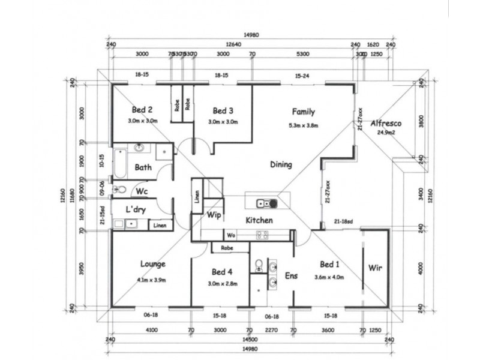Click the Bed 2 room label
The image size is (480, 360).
[142, 110]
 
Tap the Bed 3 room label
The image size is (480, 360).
[223, 110]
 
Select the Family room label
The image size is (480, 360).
[304, 112]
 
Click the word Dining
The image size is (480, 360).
[281, 164]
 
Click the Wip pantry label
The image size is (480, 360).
[214, 215]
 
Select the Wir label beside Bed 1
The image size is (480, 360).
[375, 268]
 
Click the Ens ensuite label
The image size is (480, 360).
[290, 276]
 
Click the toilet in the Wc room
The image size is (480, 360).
[121, 190]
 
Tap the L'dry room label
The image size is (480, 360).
[137, 210]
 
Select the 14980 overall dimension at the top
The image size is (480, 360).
[252, 35]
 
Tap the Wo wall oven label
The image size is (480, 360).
[231, 235]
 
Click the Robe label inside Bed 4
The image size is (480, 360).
[227, 247]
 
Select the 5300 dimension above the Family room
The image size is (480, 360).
[303, 54]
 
